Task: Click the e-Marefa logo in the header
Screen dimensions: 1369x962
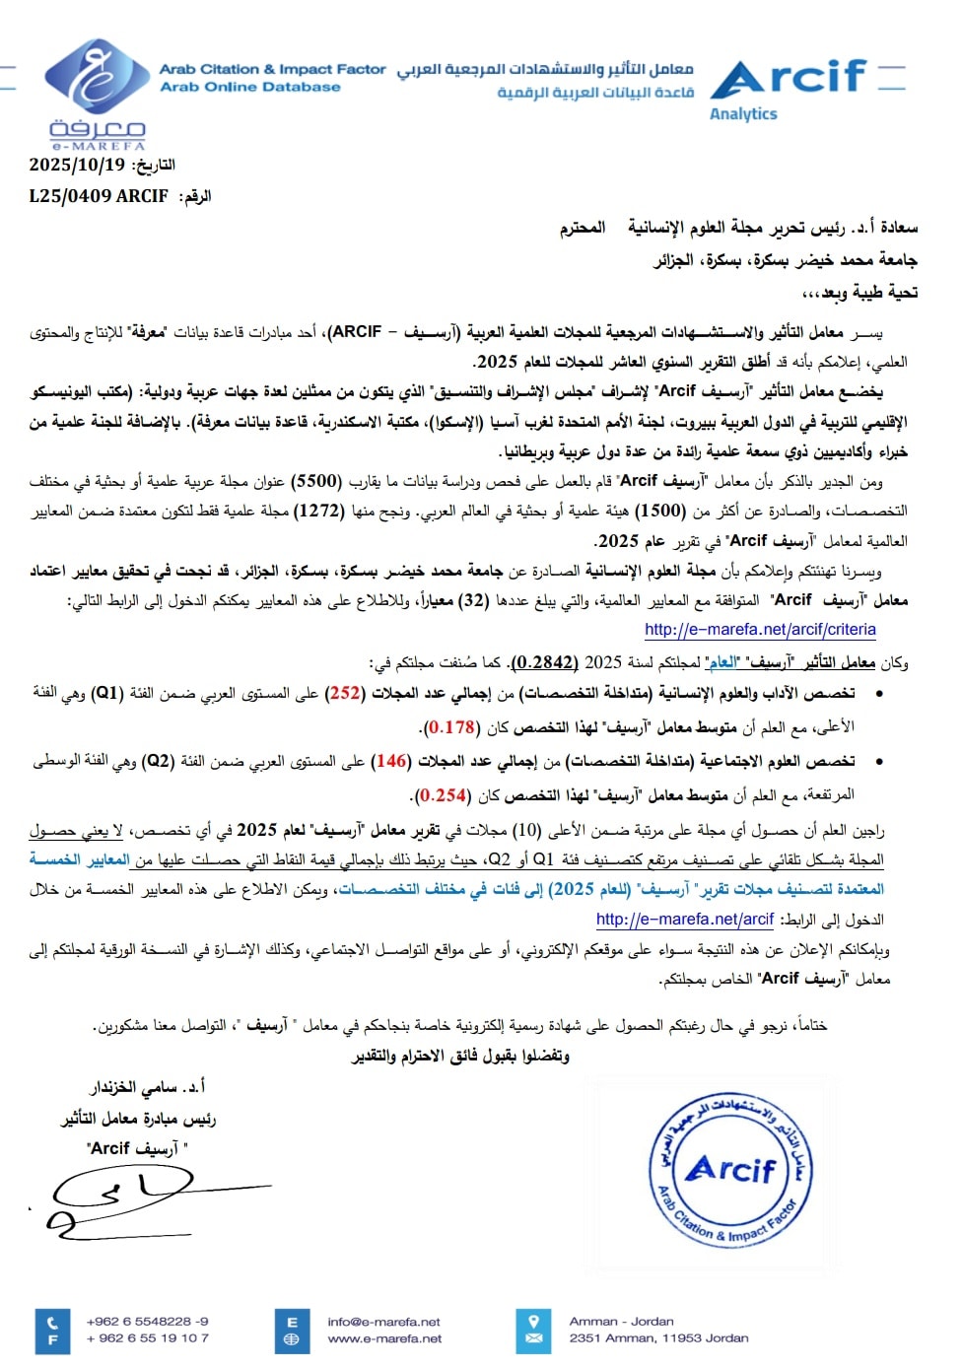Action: point(95,93)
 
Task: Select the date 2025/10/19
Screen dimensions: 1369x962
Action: point(77,165)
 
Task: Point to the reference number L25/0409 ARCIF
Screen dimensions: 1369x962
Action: point(99,196)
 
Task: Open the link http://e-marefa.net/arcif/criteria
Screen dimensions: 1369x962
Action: point(760,629)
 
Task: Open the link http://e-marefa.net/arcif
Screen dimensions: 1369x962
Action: point(685,919)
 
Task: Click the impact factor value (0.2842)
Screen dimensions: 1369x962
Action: point(545,662)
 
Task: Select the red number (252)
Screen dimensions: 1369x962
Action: point(346,693)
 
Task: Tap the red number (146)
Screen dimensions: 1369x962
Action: point(392,761)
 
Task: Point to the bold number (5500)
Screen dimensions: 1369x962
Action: point(318,481)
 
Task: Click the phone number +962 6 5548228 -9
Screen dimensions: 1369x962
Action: point(147,1321)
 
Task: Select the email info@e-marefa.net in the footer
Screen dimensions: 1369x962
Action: point(383,1322)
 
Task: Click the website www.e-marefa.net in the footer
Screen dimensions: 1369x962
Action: point(384,1338)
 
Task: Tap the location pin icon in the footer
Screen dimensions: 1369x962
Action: point(534,1321)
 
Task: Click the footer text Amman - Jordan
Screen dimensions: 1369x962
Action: point(621,1321)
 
